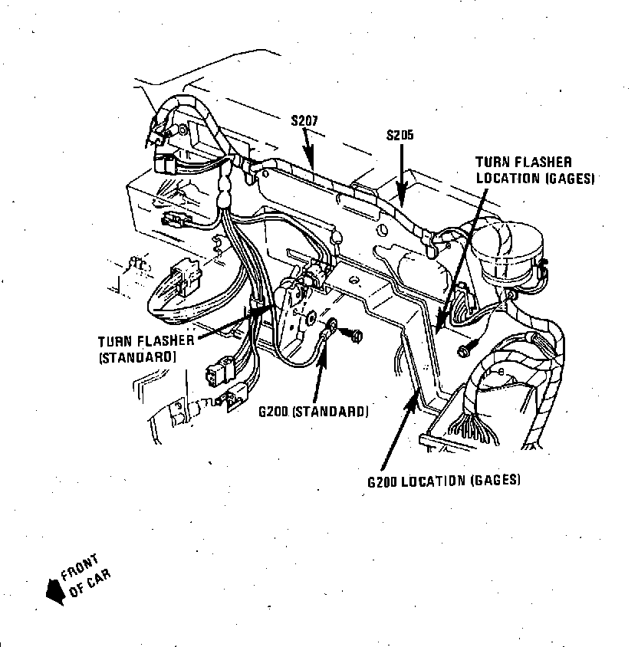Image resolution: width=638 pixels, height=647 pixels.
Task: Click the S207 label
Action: [x=304, y=120]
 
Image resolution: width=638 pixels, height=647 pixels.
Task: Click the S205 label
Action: [x=400, y=135]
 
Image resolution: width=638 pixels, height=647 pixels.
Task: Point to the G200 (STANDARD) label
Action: [x=313, y=412]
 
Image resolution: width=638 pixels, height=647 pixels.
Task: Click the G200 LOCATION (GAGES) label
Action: [x=443, y=481]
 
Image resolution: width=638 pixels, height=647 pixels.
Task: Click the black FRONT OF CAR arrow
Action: [x=54, y=590]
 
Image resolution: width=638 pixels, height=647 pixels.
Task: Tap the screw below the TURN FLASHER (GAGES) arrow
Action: [x=465, y=350]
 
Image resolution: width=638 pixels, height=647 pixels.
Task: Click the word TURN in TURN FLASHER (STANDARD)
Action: [x=114, y=341]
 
